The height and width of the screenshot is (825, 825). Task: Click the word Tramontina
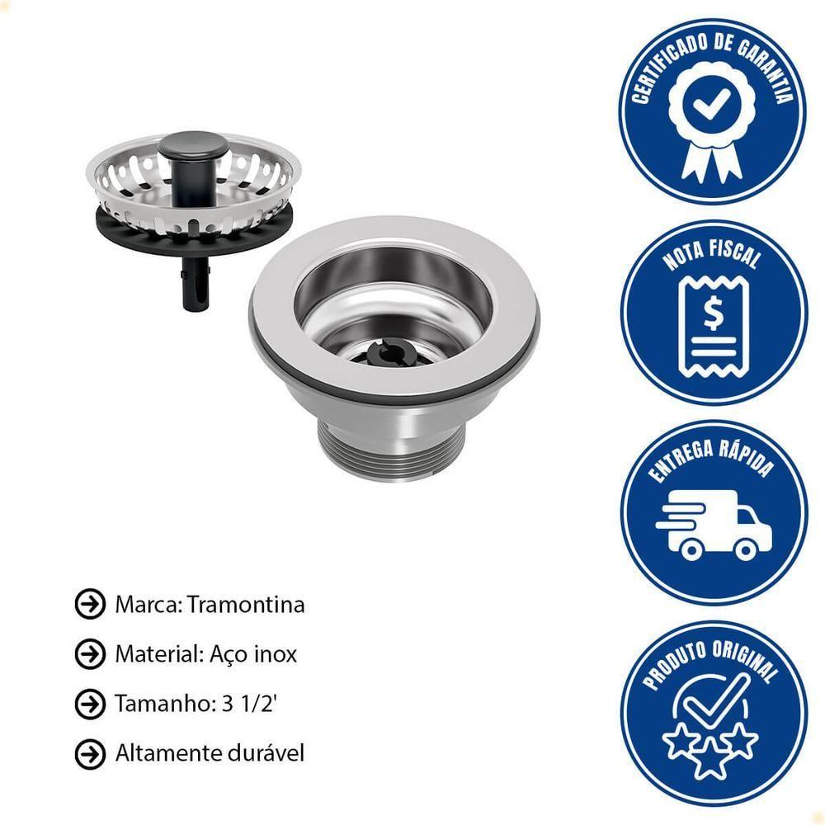tap(246, 605)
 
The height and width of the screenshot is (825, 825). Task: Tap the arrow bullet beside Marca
tap(90, 604)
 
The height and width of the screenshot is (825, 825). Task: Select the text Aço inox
tap(253, 654)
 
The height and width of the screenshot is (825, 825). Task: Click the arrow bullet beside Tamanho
tap(90, 704)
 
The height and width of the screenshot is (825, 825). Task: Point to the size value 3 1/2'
tap(249, 704)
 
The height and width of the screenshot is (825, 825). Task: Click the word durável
tap(266, 753)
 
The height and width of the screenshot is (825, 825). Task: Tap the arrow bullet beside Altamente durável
tap(90, 754)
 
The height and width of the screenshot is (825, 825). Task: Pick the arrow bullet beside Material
tap(90, 654)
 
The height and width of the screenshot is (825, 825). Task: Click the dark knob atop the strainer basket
tap(194, 144)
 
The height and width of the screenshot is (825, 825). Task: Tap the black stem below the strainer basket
tap(196, 284)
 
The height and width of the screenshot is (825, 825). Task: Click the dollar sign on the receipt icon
tap(714, 313)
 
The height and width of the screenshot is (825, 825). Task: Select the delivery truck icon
tap(714, 525)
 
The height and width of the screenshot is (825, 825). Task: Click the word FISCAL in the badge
tap(734, 255)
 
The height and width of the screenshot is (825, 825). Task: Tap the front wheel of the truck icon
tap(745, 549)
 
